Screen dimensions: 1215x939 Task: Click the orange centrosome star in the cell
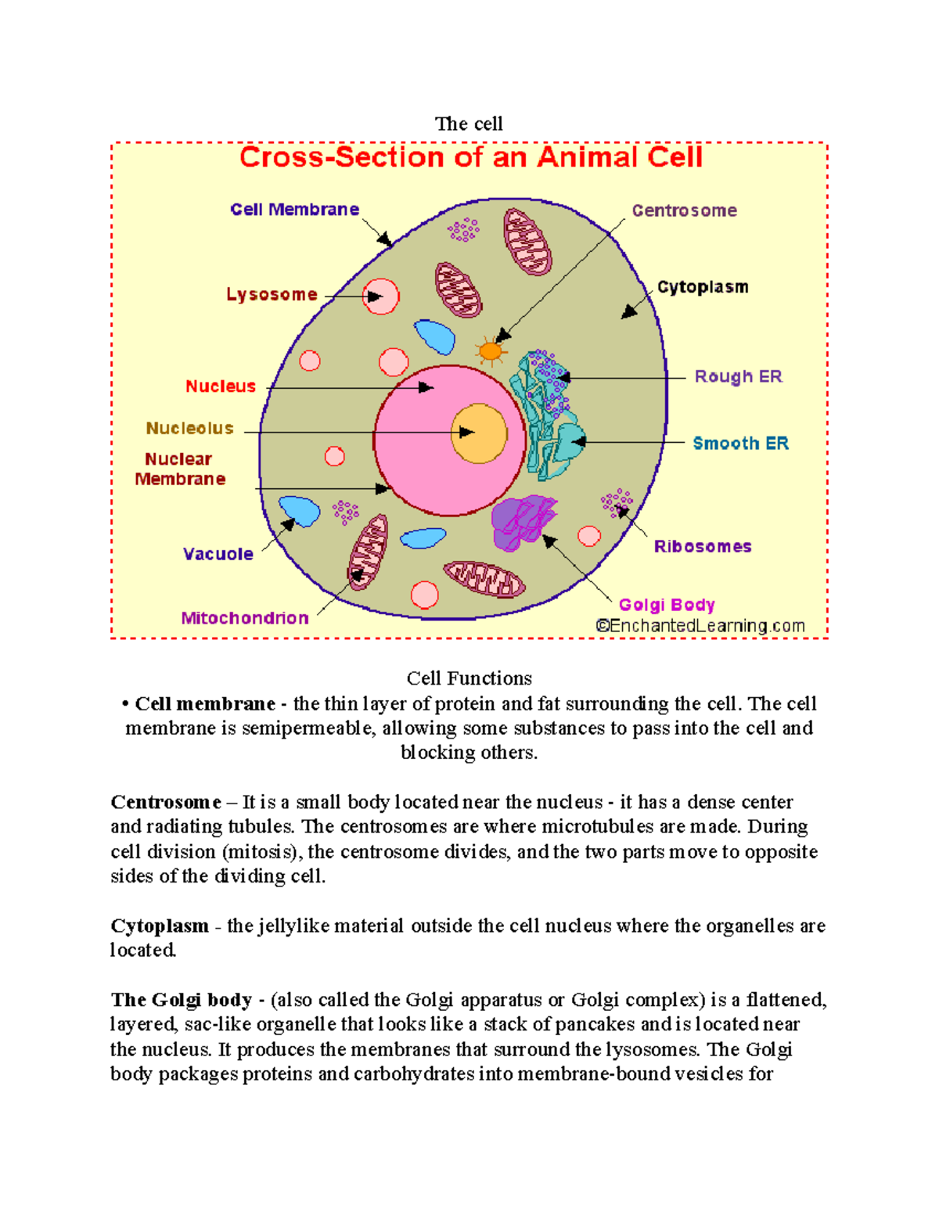491,351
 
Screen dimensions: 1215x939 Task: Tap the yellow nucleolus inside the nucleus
479,433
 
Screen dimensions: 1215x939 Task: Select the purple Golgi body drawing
523,522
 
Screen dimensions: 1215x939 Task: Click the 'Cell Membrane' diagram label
294,210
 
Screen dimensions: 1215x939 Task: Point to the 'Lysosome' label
272,295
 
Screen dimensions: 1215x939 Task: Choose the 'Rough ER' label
738,377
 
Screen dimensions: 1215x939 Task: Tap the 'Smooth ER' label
740,444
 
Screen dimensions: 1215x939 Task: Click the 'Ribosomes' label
703,547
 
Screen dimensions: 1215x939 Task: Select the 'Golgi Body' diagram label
667,605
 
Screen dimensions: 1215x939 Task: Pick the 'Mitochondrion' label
245,618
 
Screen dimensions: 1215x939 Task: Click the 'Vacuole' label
218,554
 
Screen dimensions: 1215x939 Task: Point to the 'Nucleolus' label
190,429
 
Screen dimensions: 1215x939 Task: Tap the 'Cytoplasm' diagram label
703,287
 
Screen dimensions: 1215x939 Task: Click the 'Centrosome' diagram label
684,210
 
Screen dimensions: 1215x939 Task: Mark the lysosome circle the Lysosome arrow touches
381,297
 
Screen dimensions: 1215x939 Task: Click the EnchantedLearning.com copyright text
700,626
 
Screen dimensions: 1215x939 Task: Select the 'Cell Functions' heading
469,678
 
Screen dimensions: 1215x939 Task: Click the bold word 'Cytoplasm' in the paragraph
160,926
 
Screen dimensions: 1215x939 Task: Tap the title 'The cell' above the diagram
469,124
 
